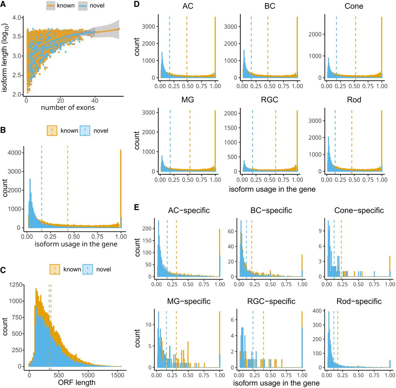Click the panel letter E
137,207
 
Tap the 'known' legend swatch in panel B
52,131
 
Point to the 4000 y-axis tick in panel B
15,153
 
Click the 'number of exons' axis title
68,108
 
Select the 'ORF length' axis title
77,382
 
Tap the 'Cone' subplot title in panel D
354,6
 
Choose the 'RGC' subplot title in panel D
269,100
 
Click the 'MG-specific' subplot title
189,301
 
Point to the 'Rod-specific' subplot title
359,301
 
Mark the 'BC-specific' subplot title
271,210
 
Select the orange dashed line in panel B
68,186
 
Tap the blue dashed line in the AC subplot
170,46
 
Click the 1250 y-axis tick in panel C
16,285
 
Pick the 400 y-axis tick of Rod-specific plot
318,311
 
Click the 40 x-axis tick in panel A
95,101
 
